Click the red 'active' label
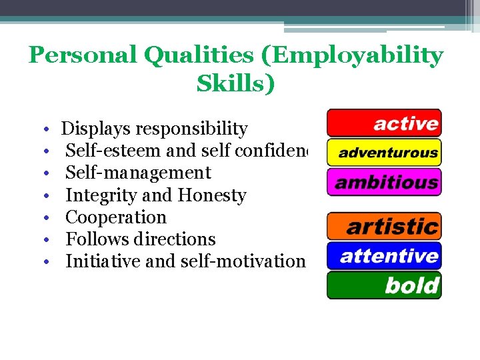(x=384, y=123)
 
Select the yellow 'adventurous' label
(x=384, y=153)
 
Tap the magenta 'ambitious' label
(x=384, y=182)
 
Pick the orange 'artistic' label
(x=384, y=227)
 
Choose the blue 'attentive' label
(x=384, y=256)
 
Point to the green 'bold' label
(x=384, y=285)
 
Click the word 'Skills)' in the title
(x=235, y=84)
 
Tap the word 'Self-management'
(x=138, y=173)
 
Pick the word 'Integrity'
(x=102, y=195)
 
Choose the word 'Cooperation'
(x=116, y=217)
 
